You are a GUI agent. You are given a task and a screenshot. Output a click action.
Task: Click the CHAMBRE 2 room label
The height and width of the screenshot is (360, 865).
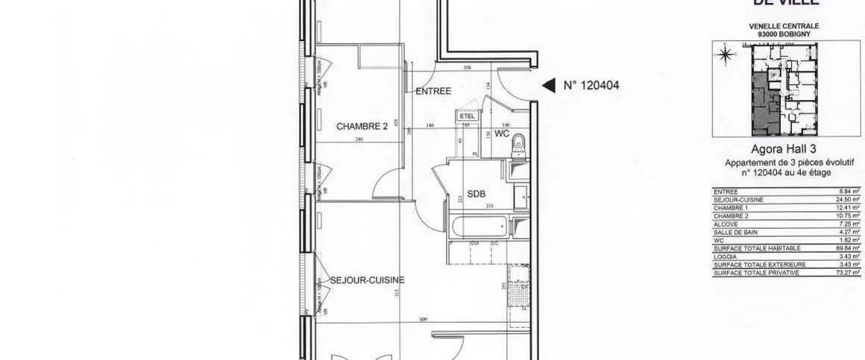tap(362, 127)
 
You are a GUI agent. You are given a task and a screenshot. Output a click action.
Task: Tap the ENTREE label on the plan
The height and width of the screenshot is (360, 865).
tap(433, 91)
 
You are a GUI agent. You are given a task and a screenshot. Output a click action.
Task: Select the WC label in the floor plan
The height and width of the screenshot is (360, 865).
tap(501, 134)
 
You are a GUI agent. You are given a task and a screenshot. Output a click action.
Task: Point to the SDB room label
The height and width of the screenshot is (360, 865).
tap(476, 194)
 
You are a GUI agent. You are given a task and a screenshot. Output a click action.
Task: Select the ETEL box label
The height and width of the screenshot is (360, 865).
tap(468, 116)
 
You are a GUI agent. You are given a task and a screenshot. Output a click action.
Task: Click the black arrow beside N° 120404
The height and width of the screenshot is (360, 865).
tap(548, 86)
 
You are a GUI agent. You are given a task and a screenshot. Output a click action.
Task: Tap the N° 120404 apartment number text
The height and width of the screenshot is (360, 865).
tap(591, 86)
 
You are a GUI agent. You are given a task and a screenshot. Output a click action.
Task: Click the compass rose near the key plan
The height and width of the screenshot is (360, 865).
tap(725, 54)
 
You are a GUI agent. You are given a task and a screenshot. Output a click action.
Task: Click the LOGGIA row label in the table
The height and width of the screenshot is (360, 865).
tap(724, 256)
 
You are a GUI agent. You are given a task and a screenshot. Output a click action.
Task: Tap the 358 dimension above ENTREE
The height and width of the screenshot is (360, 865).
tap(468, 69)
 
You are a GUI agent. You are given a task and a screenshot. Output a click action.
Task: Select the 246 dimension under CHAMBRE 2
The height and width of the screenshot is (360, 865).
tap(359, 139)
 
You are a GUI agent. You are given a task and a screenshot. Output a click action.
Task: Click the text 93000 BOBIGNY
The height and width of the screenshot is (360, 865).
tap(780, 34)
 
